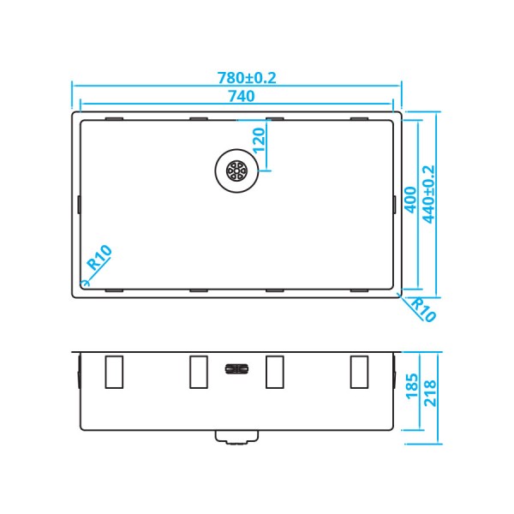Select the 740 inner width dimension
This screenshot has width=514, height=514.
click(241, 97)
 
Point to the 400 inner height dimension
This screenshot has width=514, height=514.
click(410, 199)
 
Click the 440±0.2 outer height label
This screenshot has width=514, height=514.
click(429, 194)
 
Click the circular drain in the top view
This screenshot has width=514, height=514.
click(235, 170)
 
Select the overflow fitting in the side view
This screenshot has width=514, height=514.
click(236, 369)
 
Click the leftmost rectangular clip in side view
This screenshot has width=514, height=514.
click(113, 372)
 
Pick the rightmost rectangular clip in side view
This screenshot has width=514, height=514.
click(360, 372)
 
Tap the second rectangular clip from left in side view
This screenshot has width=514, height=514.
click(198, 372)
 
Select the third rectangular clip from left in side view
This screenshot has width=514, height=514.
click(275, 372)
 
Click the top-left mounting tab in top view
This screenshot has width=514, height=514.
click(113, 117)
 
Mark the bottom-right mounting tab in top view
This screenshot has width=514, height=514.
click(360, 290)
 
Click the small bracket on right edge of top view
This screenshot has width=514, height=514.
click(395, 204)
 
